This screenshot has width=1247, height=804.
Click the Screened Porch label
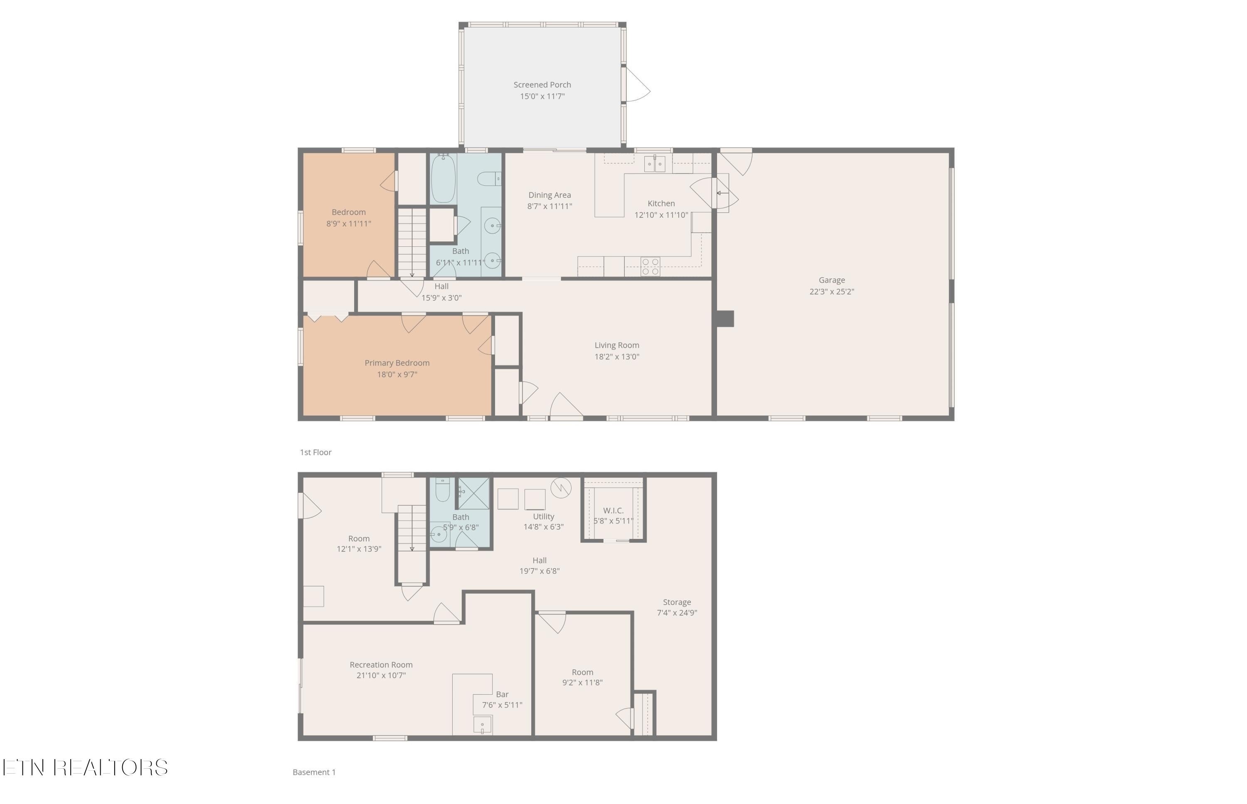[542, 85]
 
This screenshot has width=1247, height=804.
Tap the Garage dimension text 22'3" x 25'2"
[831, 292]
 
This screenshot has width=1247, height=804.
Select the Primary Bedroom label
[397, 363]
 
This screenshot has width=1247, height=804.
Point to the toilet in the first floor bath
[489, 179]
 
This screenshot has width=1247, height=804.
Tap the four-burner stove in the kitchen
[650, 266]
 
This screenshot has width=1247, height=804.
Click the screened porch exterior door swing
[637, 85]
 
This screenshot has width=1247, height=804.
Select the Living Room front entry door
[566, 408]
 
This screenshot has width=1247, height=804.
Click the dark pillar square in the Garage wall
[725, 318]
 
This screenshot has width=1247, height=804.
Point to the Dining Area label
[550, 195]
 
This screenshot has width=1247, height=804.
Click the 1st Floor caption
[315, 452]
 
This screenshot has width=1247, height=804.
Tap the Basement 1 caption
[314, 772]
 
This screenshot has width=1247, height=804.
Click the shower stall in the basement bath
[473, 493]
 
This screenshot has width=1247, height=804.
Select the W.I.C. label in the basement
[613, 511]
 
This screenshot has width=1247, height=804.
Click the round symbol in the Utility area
[560, 488]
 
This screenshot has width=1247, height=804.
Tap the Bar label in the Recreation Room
[502, 694]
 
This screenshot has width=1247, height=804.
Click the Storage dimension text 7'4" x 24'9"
[677, 613]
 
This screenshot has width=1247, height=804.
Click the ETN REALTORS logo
[85, 767]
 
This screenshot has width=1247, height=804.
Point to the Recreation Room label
[381, 665]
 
